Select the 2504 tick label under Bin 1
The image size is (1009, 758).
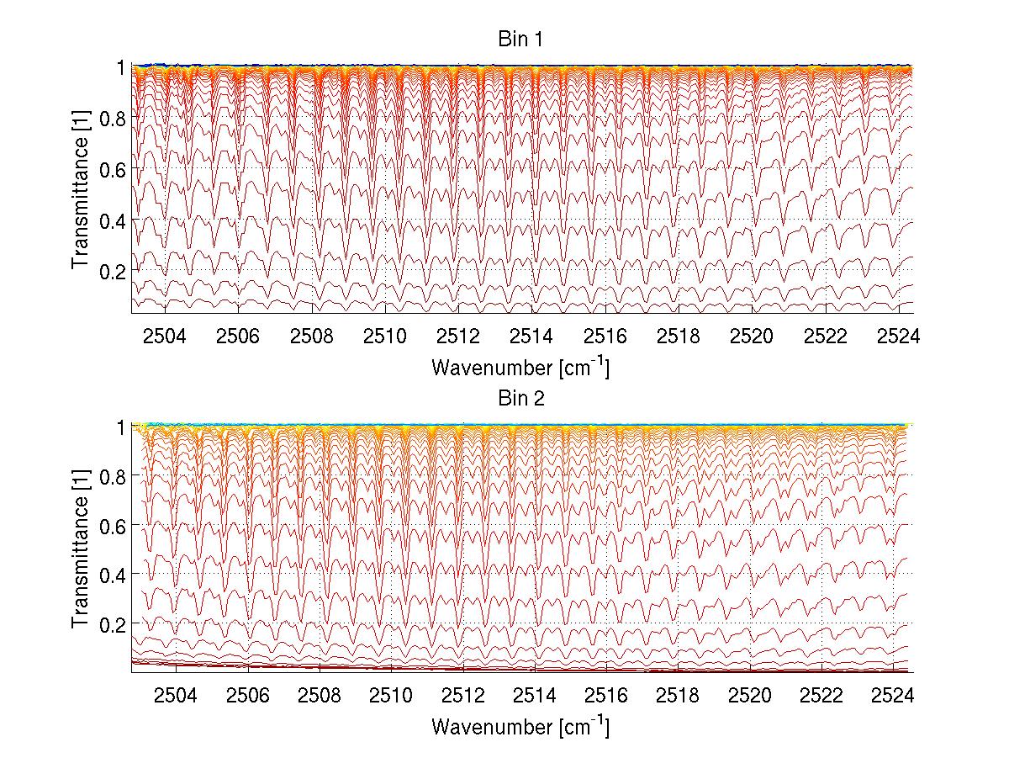165,337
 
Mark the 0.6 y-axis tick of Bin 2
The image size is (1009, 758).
114,525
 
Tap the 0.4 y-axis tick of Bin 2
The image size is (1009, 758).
114,575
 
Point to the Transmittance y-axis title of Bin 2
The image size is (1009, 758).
81,549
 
